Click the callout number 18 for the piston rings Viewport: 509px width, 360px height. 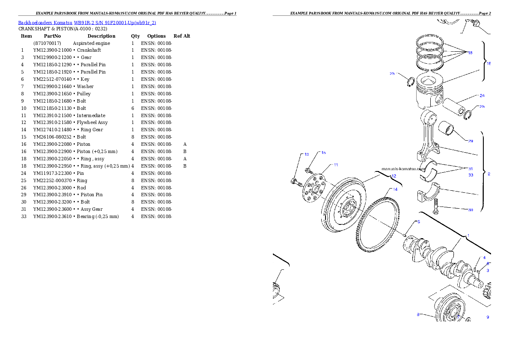[470, 53]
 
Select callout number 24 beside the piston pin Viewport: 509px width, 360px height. [482, 95]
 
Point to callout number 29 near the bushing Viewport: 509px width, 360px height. [471, 141]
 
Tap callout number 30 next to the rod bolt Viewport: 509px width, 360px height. [471, 210]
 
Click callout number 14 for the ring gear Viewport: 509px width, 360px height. [395, 189]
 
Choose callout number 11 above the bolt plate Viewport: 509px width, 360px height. [336, 165]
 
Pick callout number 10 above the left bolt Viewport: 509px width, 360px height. [306, 154]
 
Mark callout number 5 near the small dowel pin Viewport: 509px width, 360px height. [419, 222]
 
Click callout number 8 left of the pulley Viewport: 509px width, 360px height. [418, 315]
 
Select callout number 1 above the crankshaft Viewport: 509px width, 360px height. [468, 236]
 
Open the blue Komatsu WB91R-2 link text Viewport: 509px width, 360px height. [87, 23]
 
